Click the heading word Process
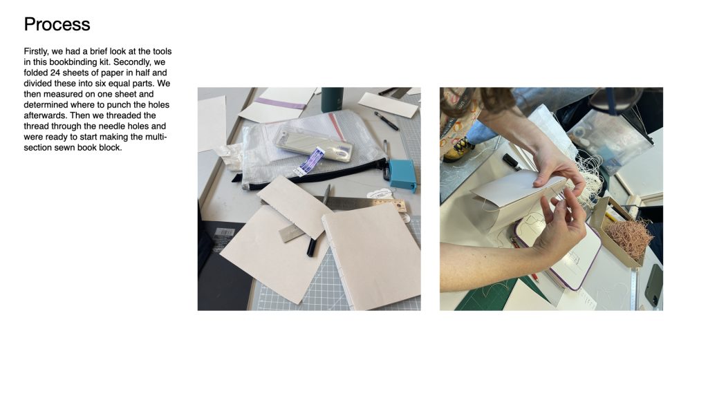57,24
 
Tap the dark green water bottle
332,99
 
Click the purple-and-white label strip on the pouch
309,162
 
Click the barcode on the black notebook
224,232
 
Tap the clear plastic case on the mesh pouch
313,143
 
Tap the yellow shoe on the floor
458,150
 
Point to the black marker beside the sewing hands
512,162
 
